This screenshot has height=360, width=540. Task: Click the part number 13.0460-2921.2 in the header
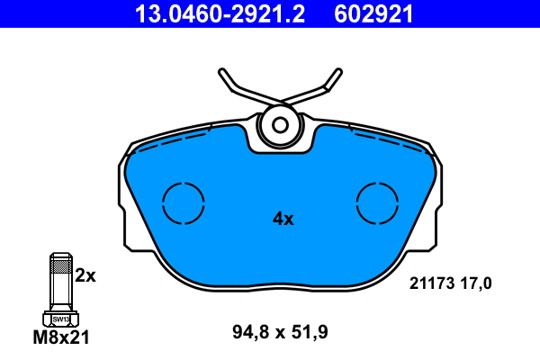(220, 14)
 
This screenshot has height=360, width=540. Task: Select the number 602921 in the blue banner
(373, 14)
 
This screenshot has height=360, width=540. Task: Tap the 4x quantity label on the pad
(283, 219)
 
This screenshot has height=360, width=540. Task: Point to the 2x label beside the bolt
(85, 275)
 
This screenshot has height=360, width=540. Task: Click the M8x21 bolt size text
(61, 337)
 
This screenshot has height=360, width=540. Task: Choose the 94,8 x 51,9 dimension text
(280, 332)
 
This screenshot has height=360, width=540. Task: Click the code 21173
(431, 283)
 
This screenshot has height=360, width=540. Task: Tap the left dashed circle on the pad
(184, 183)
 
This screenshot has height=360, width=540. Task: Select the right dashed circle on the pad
(377, 183)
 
